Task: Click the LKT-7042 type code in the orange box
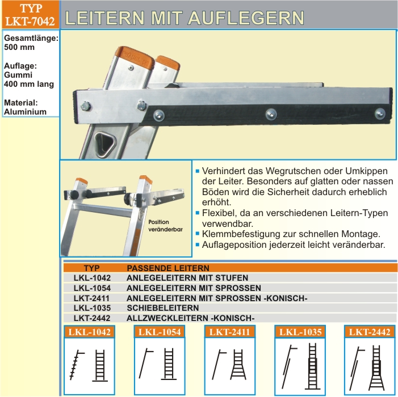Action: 30,21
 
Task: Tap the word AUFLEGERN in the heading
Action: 246,18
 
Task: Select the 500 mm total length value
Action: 19,48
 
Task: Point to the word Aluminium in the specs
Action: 25,112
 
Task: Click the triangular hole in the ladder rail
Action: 105,143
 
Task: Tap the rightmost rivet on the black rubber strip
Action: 380,113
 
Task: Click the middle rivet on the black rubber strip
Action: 271,114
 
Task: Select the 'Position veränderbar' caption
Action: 165,226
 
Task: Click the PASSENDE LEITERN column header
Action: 168,268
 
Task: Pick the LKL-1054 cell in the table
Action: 92,288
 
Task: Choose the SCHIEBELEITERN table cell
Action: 163,308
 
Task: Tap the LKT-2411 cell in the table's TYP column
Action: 91,298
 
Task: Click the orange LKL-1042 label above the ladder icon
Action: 89,332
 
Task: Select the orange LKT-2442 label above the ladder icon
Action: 370,332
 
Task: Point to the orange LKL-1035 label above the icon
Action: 300,332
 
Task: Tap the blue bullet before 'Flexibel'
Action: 198,213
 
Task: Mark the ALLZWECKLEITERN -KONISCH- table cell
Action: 190,318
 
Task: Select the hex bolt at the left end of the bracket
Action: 86,106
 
